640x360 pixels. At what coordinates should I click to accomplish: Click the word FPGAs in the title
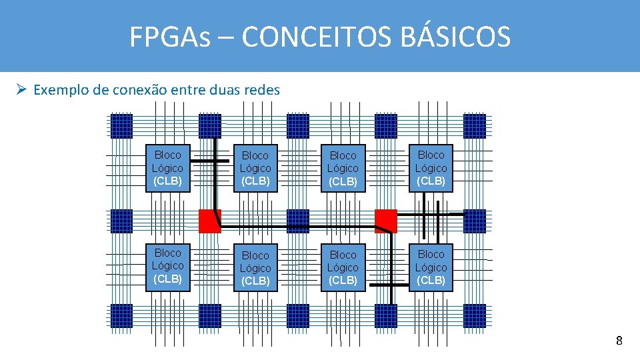point(170,37)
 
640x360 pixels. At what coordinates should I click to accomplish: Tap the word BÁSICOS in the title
point(457,37)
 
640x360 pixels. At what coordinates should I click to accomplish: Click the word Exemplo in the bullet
point(61,89)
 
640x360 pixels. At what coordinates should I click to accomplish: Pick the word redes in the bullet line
point(262,89)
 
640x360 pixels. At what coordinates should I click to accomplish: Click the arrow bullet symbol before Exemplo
point(21,89)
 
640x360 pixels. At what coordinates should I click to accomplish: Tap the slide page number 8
point(619,341)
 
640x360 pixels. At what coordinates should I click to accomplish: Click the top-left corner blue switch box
point(122,126)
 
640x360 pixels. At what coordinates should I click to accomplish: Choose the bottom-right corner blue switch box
point(475,315)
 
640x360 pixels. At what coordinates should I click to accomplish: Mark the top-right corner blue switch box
point(475,126)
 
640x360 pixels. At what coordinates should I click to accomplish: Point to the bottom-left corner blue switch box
point(122,315)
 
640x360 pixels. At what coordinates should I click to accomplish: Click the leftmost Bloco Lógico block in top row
point(167,168)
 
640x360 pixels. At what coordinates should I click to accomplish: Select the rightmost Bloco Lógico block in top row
point(431,168)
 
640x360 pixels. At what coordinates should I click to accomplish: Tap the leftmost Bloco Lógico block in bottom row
point(167,266)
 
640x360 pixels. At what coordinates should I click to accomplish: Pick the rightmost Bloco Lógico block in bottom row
point(431,267)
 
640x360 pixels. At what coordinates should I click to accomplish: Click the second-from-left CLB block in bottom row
point(255,268)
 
